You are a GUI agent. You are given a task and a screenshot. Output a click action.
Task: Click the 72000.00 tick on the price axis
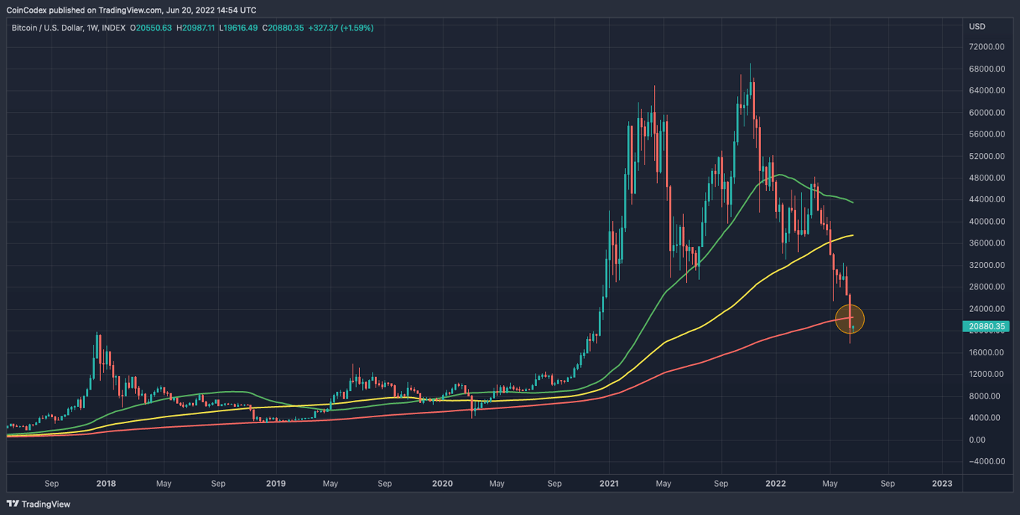[x=986, y=47]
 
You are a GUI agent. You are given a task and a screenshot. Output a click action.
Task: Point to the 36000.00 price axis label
[x=986, y=243]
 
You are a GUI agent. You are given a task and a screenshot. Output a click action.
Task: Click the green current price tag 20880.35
[x=988, y=326]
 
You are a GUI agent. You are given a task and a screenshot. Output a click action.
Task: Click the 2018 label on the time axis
[x=106, y=484]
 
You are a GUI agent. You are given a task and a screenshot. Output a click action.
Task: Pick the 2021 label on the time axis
[x=609, y=484]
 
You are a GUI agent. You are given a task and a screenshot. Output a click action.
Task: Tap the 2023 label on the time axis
[x=942, y=484]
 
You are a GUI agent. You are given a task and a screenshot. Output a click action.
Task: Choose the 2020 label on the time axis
[x=442, y=484]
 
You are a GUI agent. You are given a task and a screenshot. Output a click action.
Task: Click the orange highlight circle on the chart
[x=850, y=319]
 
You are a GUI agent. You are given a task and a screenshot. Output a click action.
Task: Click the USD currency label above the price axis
[x=977, y=27]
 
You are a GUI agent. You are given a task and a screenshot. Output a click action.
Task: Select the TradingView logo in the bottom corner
[x=39, y=504]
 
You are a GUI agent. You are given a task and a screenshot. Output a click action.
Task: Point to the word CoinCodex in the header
[x=31, y=10]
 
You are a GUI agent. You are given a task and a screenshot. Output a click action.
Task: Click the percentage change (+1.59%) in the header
[x=354, y=28]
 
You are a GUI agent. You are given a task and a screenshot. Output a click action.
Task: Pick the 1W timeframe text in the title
[x=92, y=28]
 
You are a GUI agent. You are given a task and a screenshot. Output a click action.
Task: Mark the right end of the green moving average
[x=853, y=202]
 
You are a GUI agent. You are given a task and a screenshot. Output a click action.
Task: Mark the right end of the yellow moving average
[x=853, y=235]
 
